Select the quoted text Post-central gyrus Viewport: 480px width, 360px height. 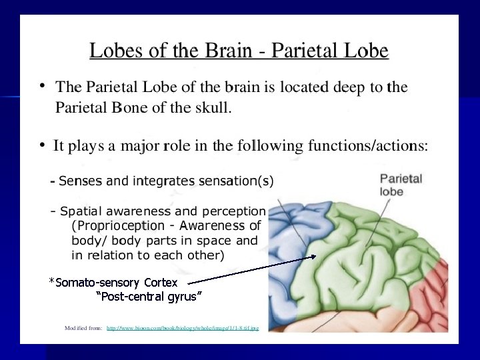pyautogui.click(x=149, y=297)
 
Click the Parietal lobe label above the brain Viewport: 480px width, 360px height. pyautogui.click(x=401, y=185)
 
